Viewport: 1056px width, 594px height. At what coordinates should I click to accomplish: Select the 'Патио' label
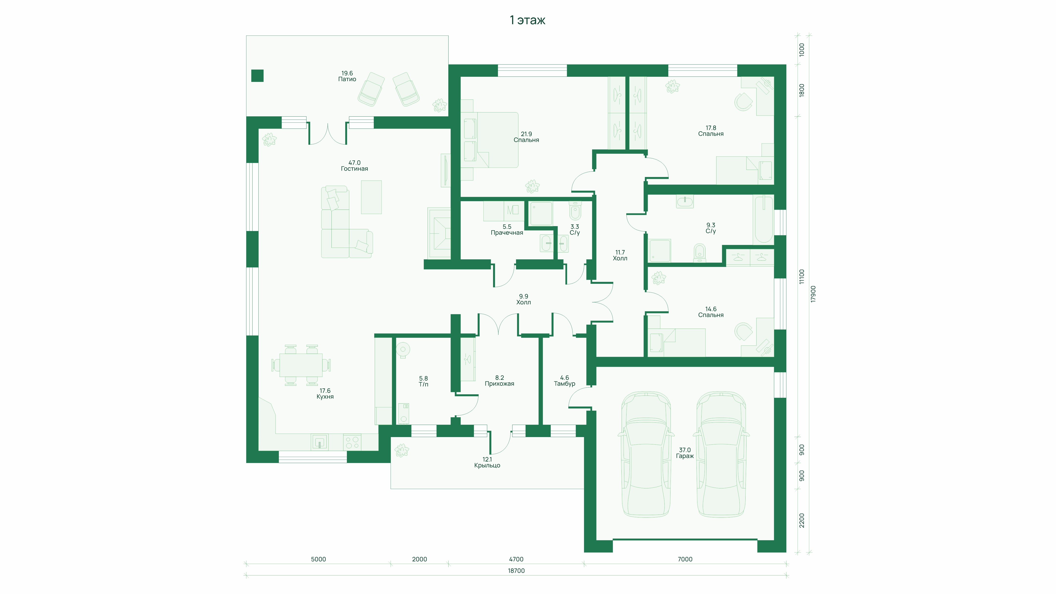pyautogui.click(x=347, y=79)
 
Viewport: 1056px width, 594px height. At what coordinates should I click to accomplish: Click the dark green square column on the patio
pyautogui.click(x=257, y=76)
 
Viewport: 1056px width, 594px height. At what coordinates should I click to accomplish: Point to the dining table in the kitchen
pyautogui.click(x=301, y=365)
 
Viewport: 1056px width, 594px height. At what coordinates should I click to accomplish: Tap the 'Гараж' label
pyautogui.click(x=685, y=456)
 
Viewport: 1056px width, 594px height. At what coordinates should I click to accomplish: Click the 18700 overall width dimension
pyautogui.click(x=516, y=571)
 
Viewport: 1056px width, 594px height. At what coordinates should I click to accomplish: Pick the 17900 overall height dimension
pyautogui.click(x=813, y=294)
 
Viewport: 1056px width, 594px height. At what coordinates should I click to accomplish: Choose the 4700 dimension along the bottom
pyautogui.click(x=516, y=559)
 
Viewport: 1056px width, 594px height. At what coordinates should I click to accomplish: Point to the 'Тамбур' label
pyautogui.click(x=564, y=384)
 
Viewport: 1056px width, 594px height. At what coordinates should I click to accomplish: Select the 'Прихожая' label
pyautogui.click(x=499, y=384)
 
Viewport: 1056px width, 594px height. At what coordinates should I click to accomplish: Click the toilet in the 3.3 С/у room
pyautogui.click(x=575, y=211)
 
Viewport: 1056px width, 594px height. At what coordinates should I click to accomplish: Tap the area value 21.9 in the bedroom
pyautogui.click(x=526, y=134)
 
